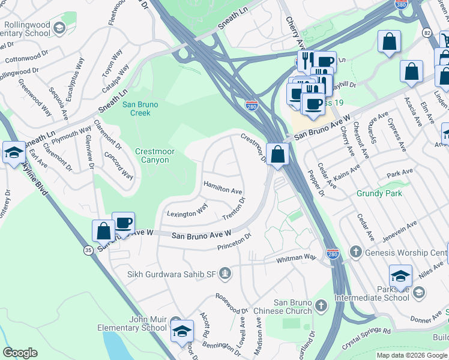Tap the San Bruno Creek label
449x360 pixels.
click(x=140, y=109)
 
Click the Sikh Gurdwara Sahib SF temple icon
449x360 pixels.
click(x=225, y=274)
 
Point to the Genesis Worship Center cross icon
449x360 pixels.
click(x=355, y=253)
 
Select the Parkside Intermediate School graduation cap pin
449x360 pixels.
click(x=400, y=277)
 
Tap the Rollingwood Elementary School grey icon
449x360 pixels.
click(x=59, y=28)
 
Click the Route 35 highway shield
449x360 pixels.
click(x=88, y=252)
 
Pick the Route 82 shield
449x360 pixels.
click(x=426, y=32)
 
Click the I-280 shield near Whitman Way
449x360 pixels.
click(x=333, y=254)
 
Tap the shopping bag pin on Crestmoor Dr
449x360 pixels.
click(x=277, y=154)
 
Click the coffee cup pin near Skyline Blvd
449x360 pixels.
click(x=123, y=223)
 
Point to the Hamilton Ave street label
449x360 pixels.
click(x=223, y=187)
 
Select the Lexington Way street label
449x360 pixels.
click(x=187, y=214)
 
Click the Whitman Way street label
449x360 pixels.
click(x=296, y=258)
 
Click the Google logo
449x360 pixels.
click(x=20, y=353)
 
